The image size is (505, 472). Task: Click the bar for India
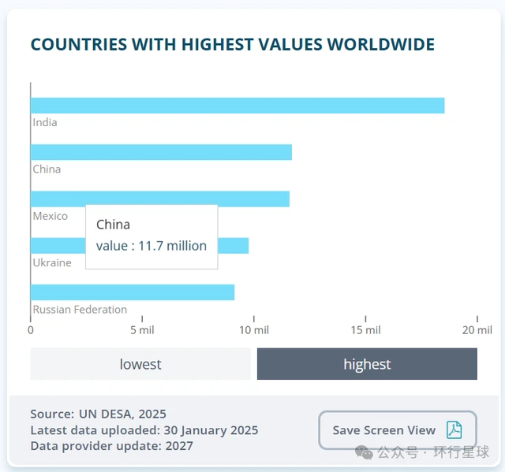pos(238,106)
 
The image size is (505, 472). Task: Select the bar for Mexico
pos(160,199)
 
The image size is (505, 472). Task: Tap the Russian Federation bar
pos(133,292)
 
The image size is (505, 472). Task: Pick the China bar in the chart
pos(161,152)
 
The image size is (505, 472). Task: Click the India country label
pos(45,122)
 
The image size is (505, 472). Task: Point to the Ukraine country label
pos(52,262)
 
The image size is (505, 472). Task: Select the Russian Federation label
pos(80,310)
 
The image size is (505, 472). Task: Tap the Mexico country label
pos(50,216)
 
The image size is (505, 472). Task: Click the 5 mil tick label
pos(142,330)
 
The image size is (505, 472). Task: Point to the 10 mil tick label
pos(254,330)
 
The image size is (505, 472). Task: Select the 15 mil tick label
pos(365,330)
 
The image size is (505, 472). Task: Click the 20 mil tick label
pos(477,330)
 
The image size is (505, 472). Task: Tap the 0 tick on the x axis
pos(31,330)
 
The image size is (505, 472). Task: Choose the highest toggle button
pos(367,364)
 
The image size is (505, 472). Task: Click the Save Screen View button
pos(398,430)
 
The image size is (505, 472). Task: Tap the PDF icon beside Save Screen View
pos(454,430)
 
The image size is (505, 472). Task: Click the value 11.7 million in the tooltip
pos(172,246)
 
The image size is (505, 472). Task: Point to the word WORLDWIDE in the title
pos(381,44)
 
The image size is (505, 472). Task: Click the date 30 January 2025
pos(211,430)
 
